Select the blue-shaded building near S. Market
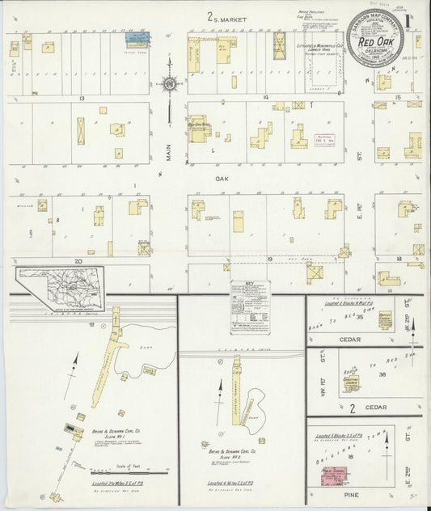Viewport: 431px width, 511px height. point(137,36)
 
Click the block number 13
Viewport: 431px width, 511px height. point(82,97)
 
